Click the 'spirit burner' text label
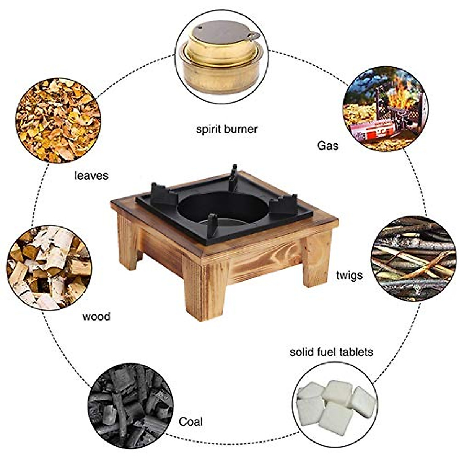(x=227, y=129)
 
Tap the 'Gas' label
(x=328, y=145)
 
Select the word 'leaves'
(x=91, y=176)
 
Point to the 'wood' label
(x=96, y=316)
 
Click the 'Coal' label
(x=191, y=422)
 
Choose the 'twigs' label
(x=349, y=275)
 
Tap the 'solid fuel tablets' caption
(x=331, y=352)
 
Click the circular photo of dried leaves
(x=58, y=120)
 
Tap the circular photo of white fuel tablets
(x=337, y=406)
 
